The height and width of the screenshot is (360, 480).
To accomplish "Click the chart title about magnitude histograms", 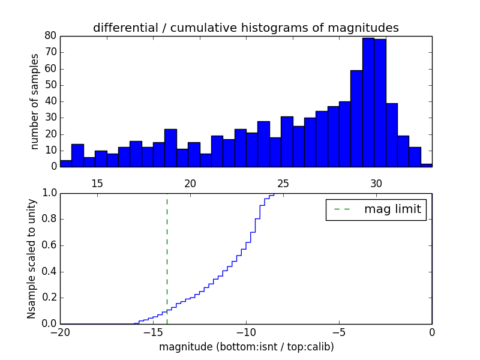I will pos(245,28).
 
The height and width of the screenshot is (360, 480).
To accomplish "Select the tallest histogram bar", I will pos(368,102).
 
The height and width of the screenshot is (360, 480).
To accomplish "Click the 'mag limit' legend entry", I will pos(376,209).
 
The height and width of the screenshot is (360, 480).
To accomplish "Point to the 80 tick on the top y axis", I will pos(50,36).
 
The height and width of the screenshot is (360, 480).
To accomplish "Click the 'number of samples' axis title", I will pos(35,101).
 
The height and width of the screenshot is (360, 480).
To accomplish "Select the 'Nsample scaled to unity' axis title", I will pos(32,258).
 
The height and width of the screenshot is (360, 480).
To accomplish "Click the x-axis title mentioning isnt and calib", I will pos(246,347).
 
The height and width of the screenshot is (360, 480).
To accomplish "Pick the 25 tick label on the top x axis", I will pos(283,184).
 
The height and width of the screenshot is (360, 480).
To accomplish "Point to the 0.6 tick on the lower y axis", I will pos(49,245).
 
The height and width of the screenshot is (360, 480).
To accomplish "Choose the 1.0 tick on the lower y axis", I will pos(49,193).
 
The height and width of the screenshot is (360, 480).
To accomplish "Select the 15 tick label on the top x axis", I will pos(97,184).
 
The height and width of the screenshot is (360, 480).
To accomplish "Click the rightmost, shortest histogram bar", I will pos(426,164).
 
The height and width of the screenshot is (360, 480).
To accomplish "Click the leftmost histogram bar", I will pos(65,163).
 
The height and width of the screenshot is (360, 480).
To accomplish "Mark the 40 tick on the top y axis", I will pos(50,101).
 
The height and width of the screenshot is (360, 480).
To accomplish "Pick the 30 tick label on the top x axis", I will pos(376,184).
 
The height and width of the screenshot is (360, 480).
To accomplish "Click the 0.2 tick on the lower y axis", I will pos(49,298).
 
